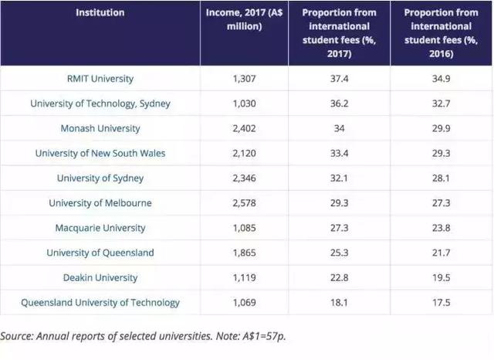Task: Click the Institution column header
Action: tap(100, 13)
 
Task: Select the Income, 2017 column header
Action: tap(244, 19)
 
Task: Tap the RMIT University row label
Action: tap(100, 79)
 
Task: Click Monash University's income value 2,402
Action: tap(244, 128)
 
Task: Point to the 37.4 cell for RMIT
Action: tap(339, 79)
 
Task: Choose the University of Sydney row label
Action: tap(100, 178)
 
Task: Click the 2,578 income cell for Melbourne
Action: tap(244, 203)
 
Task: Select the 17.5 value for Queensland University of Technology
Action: tap(442, 303)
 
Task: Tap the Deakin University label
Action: tap(100, 277)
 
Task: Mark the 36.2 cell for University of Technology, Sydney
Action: tap(339, 104)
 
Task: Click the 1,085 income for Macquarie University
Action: tap(244, 228)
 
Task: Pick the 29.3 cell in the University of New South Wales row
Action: tap(442, 153)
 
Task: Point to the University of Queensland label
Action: tap(100, 253)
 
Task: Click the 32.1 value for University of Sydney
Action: tap(339, 178)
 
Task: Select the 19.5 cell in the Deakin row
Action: tap(442, 277)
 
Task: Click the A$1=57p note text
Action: tap(255, 338)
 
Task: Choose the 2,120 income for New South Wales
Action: tap(244, 153)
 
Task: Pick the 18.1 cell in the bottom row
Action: tap(339, 303)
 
